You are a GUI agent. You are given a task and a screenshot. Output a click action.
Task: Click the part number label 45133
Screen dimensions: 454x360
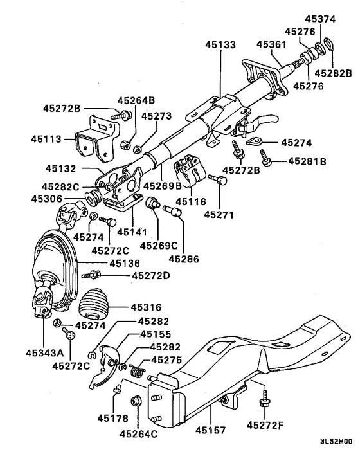click(221, 45)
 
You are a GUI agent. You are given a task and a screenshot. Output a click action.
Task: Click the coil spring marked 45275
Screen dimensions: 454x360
click(136, 371)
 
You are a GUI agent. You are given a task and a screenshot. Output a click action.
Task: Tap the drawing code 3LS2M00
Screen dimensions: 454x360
click(336, 443)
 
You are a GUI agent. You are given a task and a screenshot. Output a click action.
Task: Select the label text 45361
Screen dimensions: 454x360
click(271, 45)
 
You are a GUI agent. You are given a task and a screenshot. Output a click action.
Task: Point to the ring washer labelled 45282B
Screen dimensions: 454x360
click(327, 44)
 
